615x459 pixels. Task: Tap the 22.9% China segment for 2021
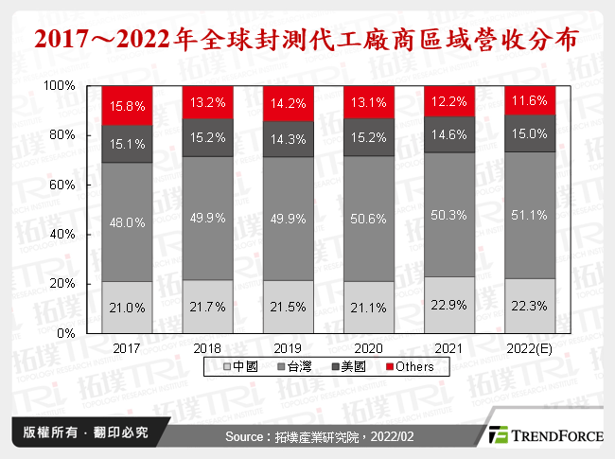(x=451, y=305)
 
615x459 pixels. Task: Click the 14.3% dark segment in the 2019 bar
(x=290, y=138)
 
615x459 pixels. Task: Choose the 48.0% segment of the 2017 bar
(x=128, y=221)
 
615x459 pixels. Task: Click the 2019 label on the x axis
(x=290, y=347)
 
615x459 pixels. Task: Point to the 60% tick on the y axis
(x=62, y=185)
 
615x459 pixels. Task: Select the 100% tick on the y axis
(x=60, y=85)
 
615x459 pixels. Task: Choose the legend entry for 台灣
(x=299, y=366)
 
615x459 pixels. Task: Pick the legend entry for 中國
(x=245, y=366)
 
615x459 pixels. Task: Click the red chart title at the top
(x=307, y=42)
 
